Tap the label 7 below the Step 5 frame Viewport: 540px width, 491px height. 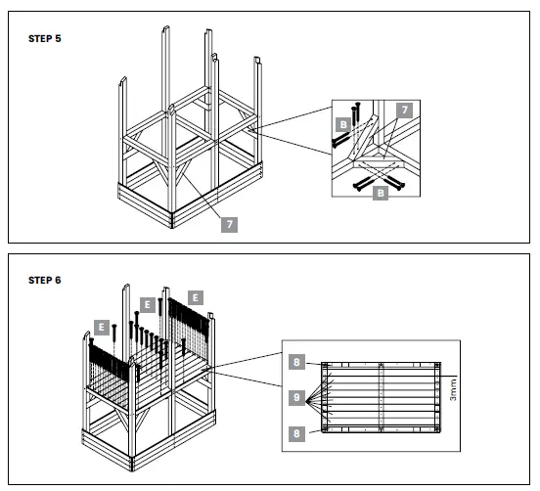(228, 224)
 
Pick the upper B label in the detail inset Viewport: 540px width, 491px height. (343, 125)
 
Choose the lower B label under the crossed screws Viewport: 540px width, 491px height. (381, 195)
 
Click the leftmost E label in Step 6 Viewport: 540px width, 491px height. (101, 325)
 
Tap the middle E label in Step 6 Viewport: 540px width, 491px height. (148, 303)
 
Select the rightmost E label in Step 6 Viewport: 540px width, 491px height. (196, 296)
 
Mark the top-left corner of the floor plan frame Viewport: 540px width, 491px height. (324, 363)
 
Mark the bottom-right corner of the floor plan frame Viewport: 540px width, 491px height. (440, 431)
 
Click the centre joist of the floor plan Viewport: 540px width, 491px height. (382, 397)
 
